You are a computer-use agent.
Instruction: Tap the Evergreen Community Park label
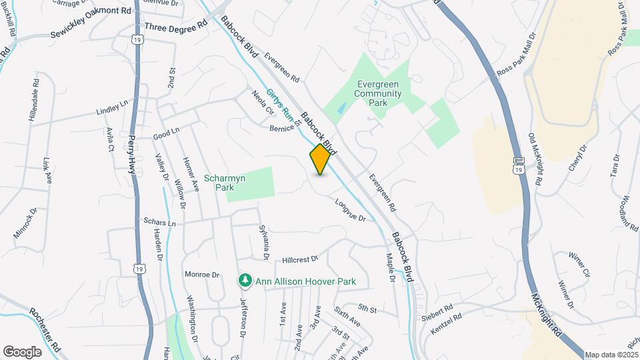tap(379, 94)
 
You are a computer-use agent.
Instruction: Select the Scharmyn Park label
tap(225, 183)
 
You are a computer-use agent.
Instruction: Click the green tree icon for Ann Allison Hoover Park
tap(245, 281)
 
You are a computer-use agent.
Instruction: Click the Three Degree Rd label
tap(176, 28)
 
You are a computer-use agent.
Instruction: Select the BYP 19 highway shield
tap(519, 166)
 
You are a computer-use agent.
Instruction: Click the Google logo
tap(22, 351)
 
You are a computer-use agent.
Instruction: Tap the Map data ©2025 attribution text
tap(611, 355)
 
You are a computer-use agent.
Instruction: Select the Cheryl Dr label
tap(577, 157)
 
